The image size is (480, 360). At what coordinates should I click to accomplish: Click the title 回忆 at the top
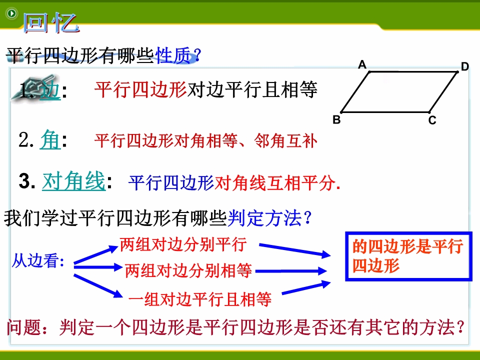point(51,23)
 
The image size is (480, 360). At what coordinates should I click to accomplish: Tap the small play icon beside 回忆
point(12,13)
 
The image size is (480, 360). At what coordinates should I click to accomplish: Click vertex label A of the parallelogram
point(362,64)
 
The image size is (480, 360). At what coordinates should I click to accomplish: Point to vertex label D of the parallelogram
point(464,66)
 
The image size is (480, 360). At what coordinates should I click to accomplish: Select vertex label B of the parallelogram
point(336,119)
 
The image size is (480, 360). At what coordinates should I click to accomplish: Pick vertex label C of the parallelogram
point(432,120)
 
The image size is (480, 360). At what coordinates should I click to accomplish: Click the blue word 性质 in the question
point(173,55)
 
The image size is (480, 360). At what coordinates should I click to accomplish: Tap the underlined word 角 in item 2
point(50,139)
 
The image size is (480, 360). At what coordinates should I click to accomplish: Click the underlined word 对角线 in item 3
point(74,181)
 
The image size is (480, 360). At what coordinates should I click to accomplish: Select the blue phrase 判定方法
point(264,218)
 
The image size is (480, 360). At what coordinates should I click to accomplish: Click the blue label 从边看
point(38,261)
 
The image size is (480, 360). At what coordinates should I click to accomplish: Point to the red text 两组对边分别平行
point(183,244)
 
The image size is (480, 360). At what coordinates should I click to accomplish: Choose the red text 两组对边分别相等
point(188,270)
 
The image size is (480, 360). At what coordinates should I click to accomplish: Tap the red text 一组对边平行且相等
point(200,299)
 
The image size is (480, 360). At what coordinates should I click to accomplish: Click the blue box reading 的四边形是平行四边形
point(408,256)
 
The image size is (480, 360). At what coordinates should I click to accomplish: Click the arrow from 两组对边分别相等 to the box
point(291,271)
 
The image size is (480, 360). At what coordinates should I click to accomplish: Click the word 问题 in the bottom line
point(24,327)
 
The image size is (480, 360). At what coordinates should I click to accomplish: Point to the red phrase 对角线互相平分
point(274,183)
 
